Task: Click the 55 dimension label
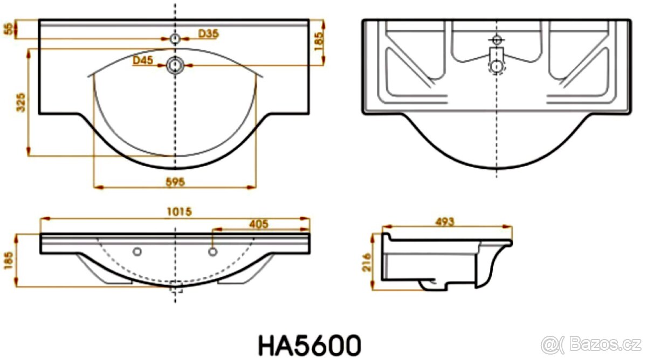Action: tap(10, 29)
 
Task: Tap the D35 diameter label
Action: tap(208, 33)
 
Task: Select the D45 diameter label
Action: tap(143, 60)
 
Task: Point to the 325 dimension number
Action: tap(21, 102)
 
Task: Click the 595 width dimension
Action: tap(175, 182)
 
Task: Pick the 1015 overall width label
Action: tap(180, 212)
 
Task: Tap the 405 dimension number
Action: tap(259, 224)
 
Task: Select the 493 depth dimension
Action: tap(445, 221)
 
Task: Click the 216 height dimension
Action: tap(367, 262)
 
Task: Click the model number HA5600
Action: tap(309, 345)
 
